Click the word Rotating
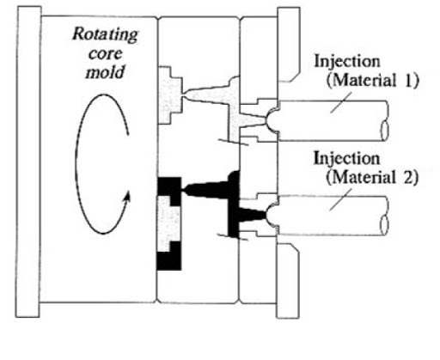point(105,35)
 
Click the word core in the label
point(105,53)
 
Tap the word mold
point(105,71)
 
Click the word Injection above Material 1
point(347,61)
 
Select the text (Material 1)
point(372,81)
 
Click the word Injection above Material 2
point(347,158)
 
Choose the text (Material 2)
point(372,178)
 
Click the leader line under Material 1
point(341,102)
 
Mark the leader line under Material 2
point(340,199)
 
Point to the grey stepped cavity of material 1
point(169,95)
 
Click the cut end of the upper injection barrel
point(385,131)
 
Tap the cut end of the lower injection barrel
point(385,225)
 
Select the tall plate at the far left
point(28,162)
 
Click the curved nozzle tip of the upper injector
point(271,119)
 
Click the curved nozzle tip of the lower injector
point(271,216)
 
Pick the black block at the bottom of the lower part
point(169,260)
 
